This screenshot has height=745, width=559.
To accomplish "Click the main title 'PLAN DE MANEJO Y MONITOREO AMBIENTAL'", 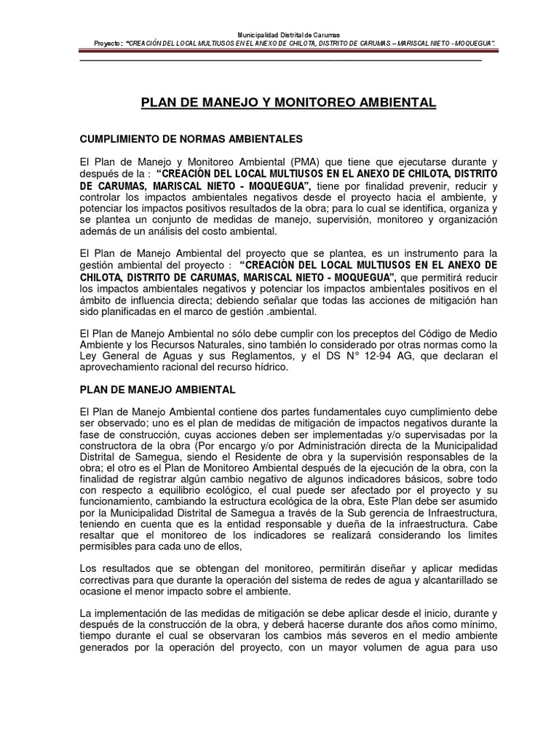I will (x=288, y=103).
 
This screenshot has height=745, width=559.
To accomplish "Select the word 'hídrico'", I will (x=271, y=367).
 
